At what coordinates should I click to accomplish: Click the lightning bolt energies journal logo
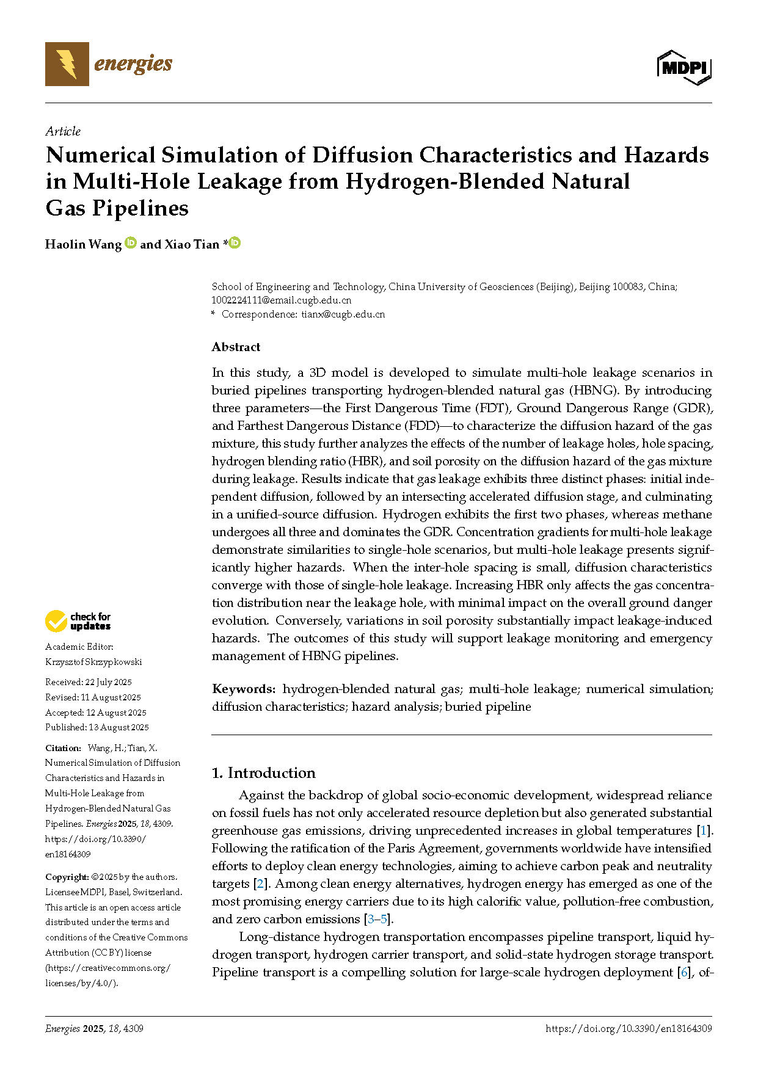click(67, 64)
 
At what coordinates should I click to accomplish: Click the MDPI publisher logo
click(684, 67)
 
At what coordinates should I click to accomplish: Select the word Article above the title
click(63, 131)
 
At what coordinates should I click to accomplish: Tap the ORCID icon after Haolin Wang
click(131, 243)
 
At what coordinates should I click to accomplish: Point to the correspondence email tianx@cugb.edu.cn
click(343, 314)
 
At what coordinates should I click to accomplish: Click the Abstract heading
click(236, 347)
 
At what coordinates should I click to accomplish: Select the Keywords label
click(244, 689)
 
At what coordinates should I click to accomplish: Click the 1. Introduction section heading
click(263, 773)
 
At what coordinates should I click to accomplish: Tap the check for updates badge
click(78, 622)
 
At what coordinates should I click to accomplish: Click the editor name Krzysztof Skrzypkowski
click(93, 662)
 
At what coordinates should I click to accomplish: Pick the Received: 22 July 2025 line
click(89, 682)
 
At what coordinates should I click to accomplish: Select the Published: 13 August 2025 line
click(97, 727)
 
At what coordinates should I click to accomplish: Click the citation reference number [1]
click(704, 831)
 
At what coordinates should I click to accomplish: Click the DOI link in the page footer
click(629, 1029)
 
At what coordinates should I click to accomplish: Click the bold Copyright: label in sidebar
click(67, 877)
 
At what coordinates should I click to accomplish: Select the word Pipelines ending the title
click(140, 208)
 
